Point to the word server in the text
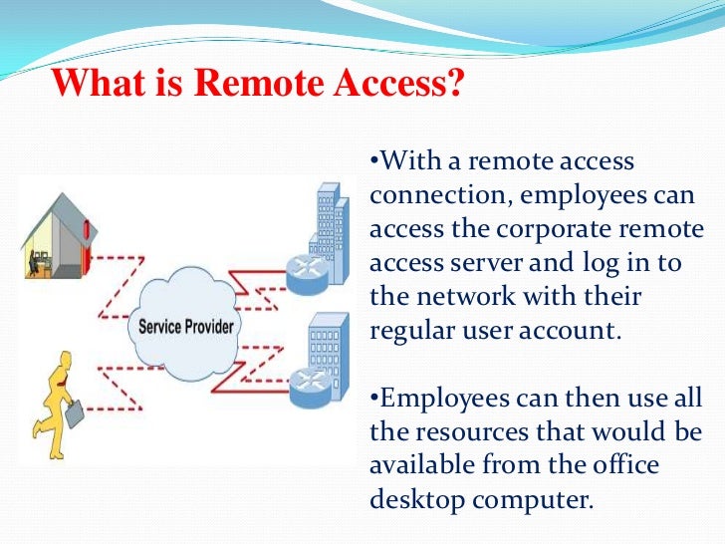[489, 264]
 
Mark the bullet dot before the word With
[373, 162]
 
